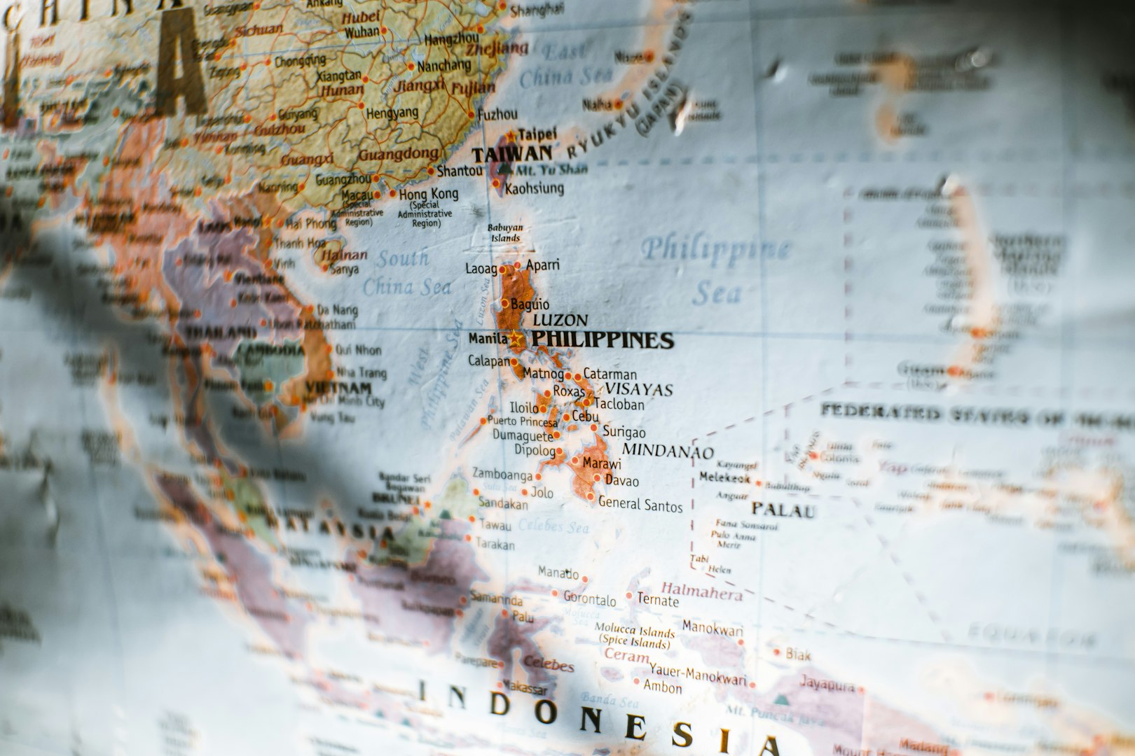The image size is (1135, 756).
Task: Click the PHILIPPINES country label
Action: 603,341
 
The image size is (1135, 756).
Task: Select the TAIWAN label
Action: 511,153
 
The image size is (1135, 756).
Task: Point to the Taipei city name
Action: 538,134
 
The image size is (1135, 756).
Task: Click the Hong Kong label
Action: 429,194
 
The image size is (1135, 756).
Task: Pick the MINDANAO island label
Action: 668,451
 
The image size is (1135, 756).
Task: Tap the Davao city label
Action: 621,481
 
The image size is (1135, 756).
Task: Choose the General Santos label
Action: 640,504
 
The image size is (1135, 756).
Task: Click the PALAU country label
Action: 784,510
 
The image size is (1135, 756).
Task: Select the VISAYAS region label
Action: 638,389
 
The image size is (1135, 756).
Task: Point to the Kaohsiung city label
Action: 534,188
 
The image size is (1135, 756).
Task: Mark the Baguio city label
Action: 530,304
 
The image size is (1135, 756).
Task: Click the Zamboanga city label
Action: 502,475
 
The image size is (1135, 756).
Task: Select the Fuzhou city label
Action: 497,114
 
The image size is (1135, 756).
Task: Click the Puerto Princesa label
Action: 523,421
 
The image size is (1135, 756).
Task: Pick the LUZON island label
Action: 560,321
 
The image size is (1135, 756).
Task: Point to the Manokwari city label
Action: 713,627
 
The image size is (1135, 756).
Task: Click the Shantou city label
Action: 459,171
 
